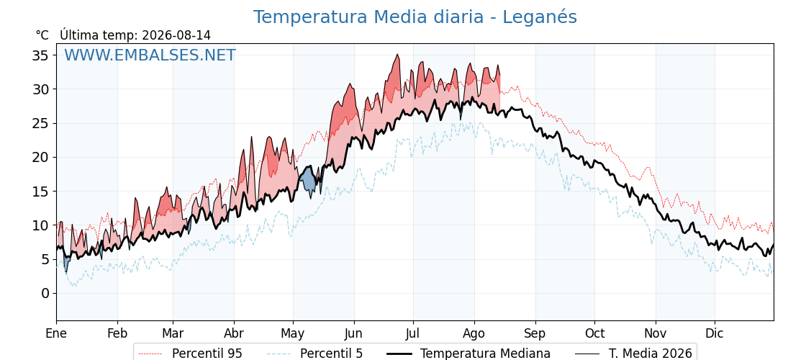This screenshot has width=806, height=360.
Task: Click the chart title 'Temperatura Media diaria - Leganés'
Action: click(x=415, y=17)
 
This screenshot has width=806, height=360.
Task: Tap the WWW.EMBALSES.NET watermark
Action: click(x=150, y=55)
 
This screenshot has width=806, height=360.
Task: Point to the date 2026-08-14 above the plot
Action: click(x=176, y=35)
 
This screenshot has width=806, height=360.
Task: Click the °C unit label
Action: click(x=42, y=35)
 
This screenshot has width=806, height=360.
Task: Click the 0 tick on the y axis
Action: click(x=46, y=293)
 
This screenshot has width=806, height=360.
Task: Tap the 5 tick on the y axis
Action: click(x=46, y=259)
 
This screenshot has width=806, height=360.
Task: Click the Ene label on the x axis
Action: click(x=57, y=334)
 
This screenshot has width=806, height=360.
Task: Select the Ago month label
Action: click(x=474, y=334)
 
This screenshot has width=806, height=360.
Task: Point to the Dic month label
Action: click(x=715, y=334)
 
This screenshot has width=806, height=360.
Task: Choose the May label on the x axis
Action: click(x=293, y=334)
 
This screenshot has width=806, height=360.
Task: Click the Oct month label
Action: click(x=594, y=334)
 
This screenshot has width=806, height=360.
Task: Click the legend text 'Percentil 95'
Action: click(x=207, y=354)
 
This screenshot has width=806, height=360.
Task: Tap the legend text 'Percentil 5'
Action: click(x=332, y=354)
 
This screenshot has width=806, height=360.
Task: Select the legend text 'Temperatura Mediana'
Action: click(x=485, y=354)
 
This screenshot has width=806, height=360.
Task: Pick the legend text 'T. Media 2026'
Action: click(x=651, y=354)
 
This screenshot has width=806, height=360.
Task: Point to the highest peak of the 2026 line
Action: click(x=397, y=55)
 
